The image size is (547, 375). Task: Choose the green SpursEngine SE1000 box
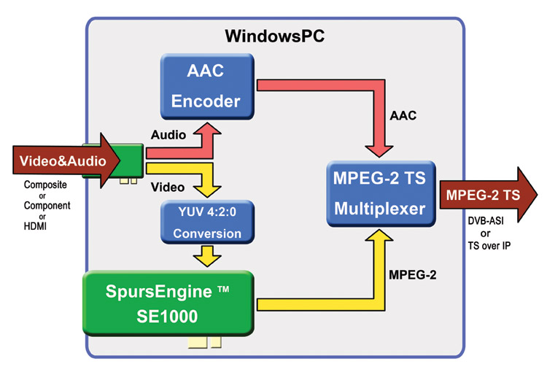pyautogui.click(x=169, y=303)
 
